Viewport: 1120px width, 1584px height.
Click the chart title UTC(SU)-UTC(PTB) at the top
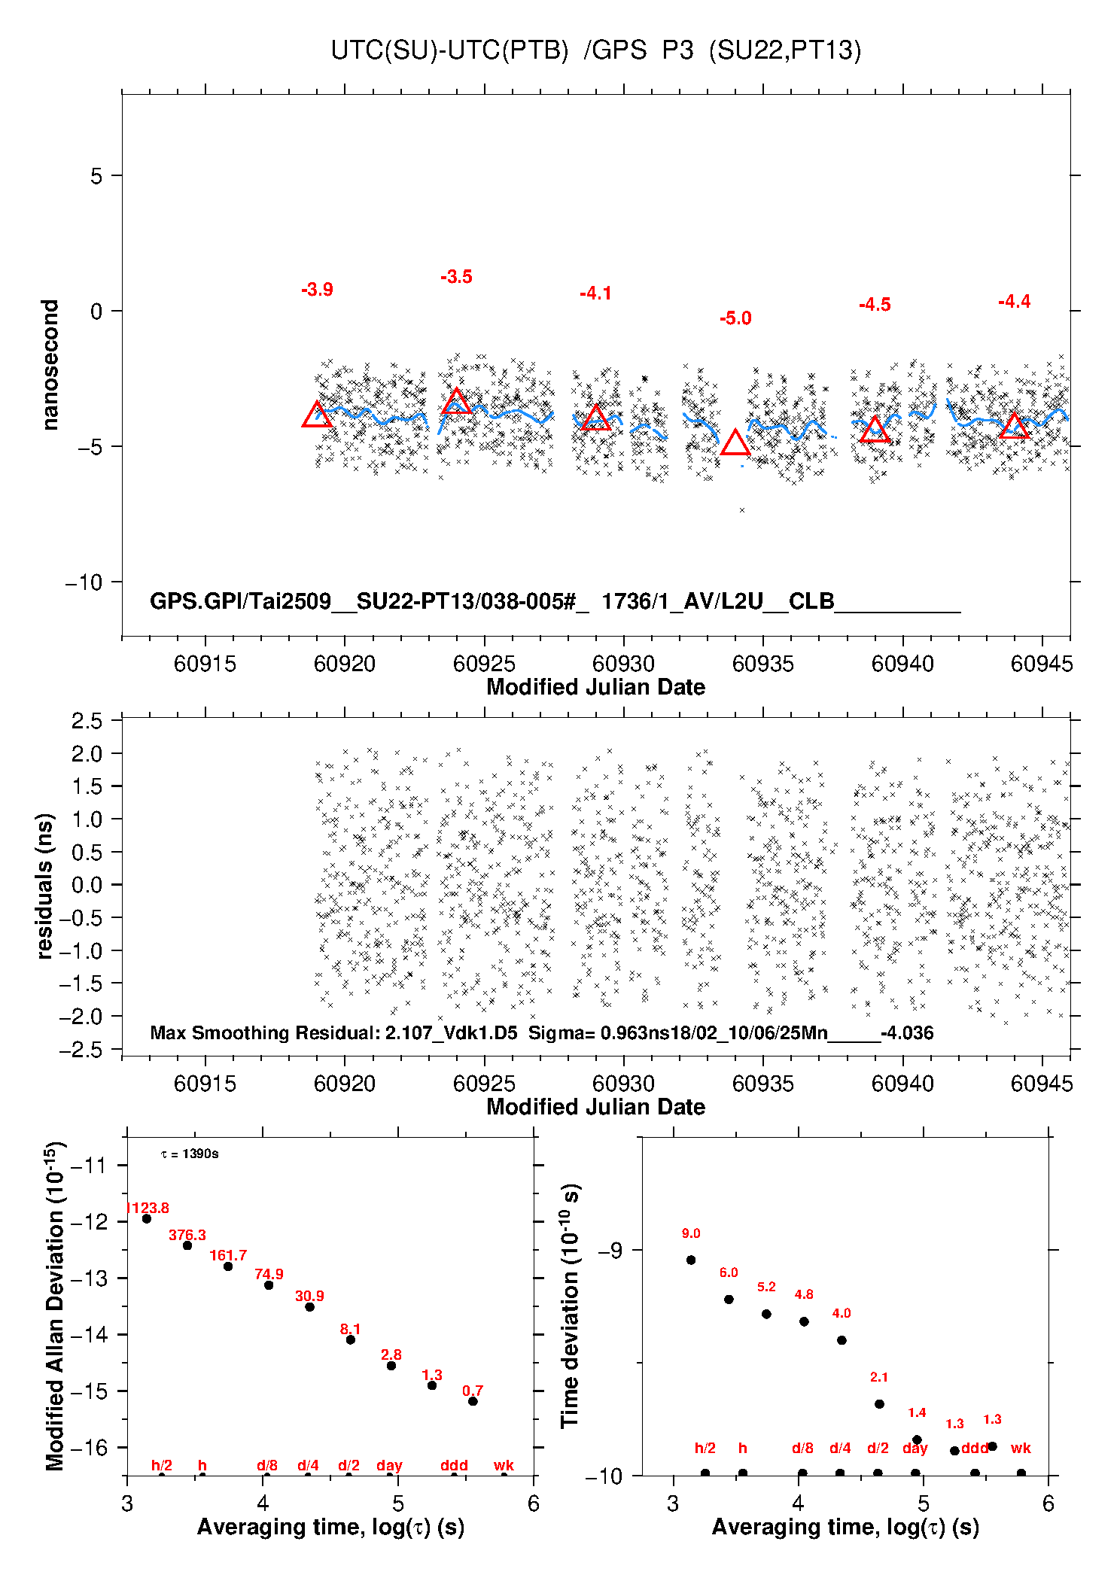449,50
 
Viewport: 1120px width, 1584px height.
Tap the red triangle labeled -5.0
735,444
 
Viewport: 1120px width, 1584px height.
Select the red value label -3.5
456,277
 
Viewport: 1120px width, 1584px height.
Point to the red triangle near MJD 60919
317,415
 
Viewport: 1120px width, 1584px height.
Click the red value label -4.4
1014,302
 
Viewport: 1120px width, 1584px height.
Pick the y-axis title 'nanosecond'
50,365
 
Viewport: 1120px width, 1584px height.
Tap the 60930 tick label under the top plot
623,664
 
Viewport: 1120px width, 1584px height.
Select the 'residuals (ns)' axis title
45,886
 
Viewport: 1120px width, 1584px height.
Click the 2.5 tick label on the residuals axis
87,721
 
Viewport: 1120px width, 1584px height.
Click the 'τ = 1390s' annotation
190,1154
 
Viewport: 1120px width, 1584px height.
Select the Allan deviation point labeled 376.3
187,1245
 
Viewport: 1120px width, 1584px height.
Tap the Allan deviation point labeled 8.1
350,1339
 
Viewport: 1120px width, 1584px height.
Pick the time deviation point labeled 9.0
691,1260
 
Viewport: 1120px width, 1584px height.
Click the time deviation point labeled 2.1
879,1403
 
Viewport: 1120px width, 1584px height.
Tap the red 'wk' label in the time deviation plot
1021,1448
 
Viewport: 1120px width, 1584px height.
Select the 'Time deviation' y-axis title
571,1306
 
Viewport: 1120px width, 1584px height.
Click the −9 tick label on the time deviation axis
610,1251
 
